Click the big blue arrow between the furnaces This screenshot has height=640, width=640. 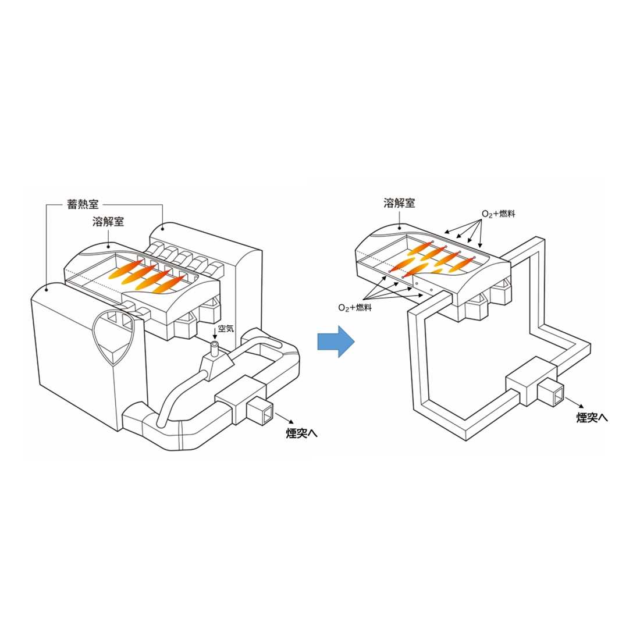(x=336, y=342)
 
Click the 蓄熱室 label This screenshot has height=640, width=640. (x=83, y=204)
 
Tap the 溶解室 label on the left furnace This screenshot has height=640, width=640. (x=108, y=222)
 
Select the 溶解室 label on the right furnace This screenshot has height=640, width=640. (x=399, y=203)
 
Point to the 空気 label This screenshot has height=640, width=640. (x=226, y=329)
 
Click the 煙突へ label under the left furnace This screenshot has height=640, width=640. (x=301, y=433)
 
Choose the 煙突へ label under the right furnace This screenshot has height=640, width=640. (x=592, y=418)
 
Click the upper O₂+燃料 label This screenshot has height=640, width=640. (x=499, y=214)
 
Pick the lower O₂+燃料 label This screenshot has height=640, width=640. (x=355, y=307)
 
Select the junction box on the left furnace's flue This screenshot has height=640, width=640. (x=241, y=399)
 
